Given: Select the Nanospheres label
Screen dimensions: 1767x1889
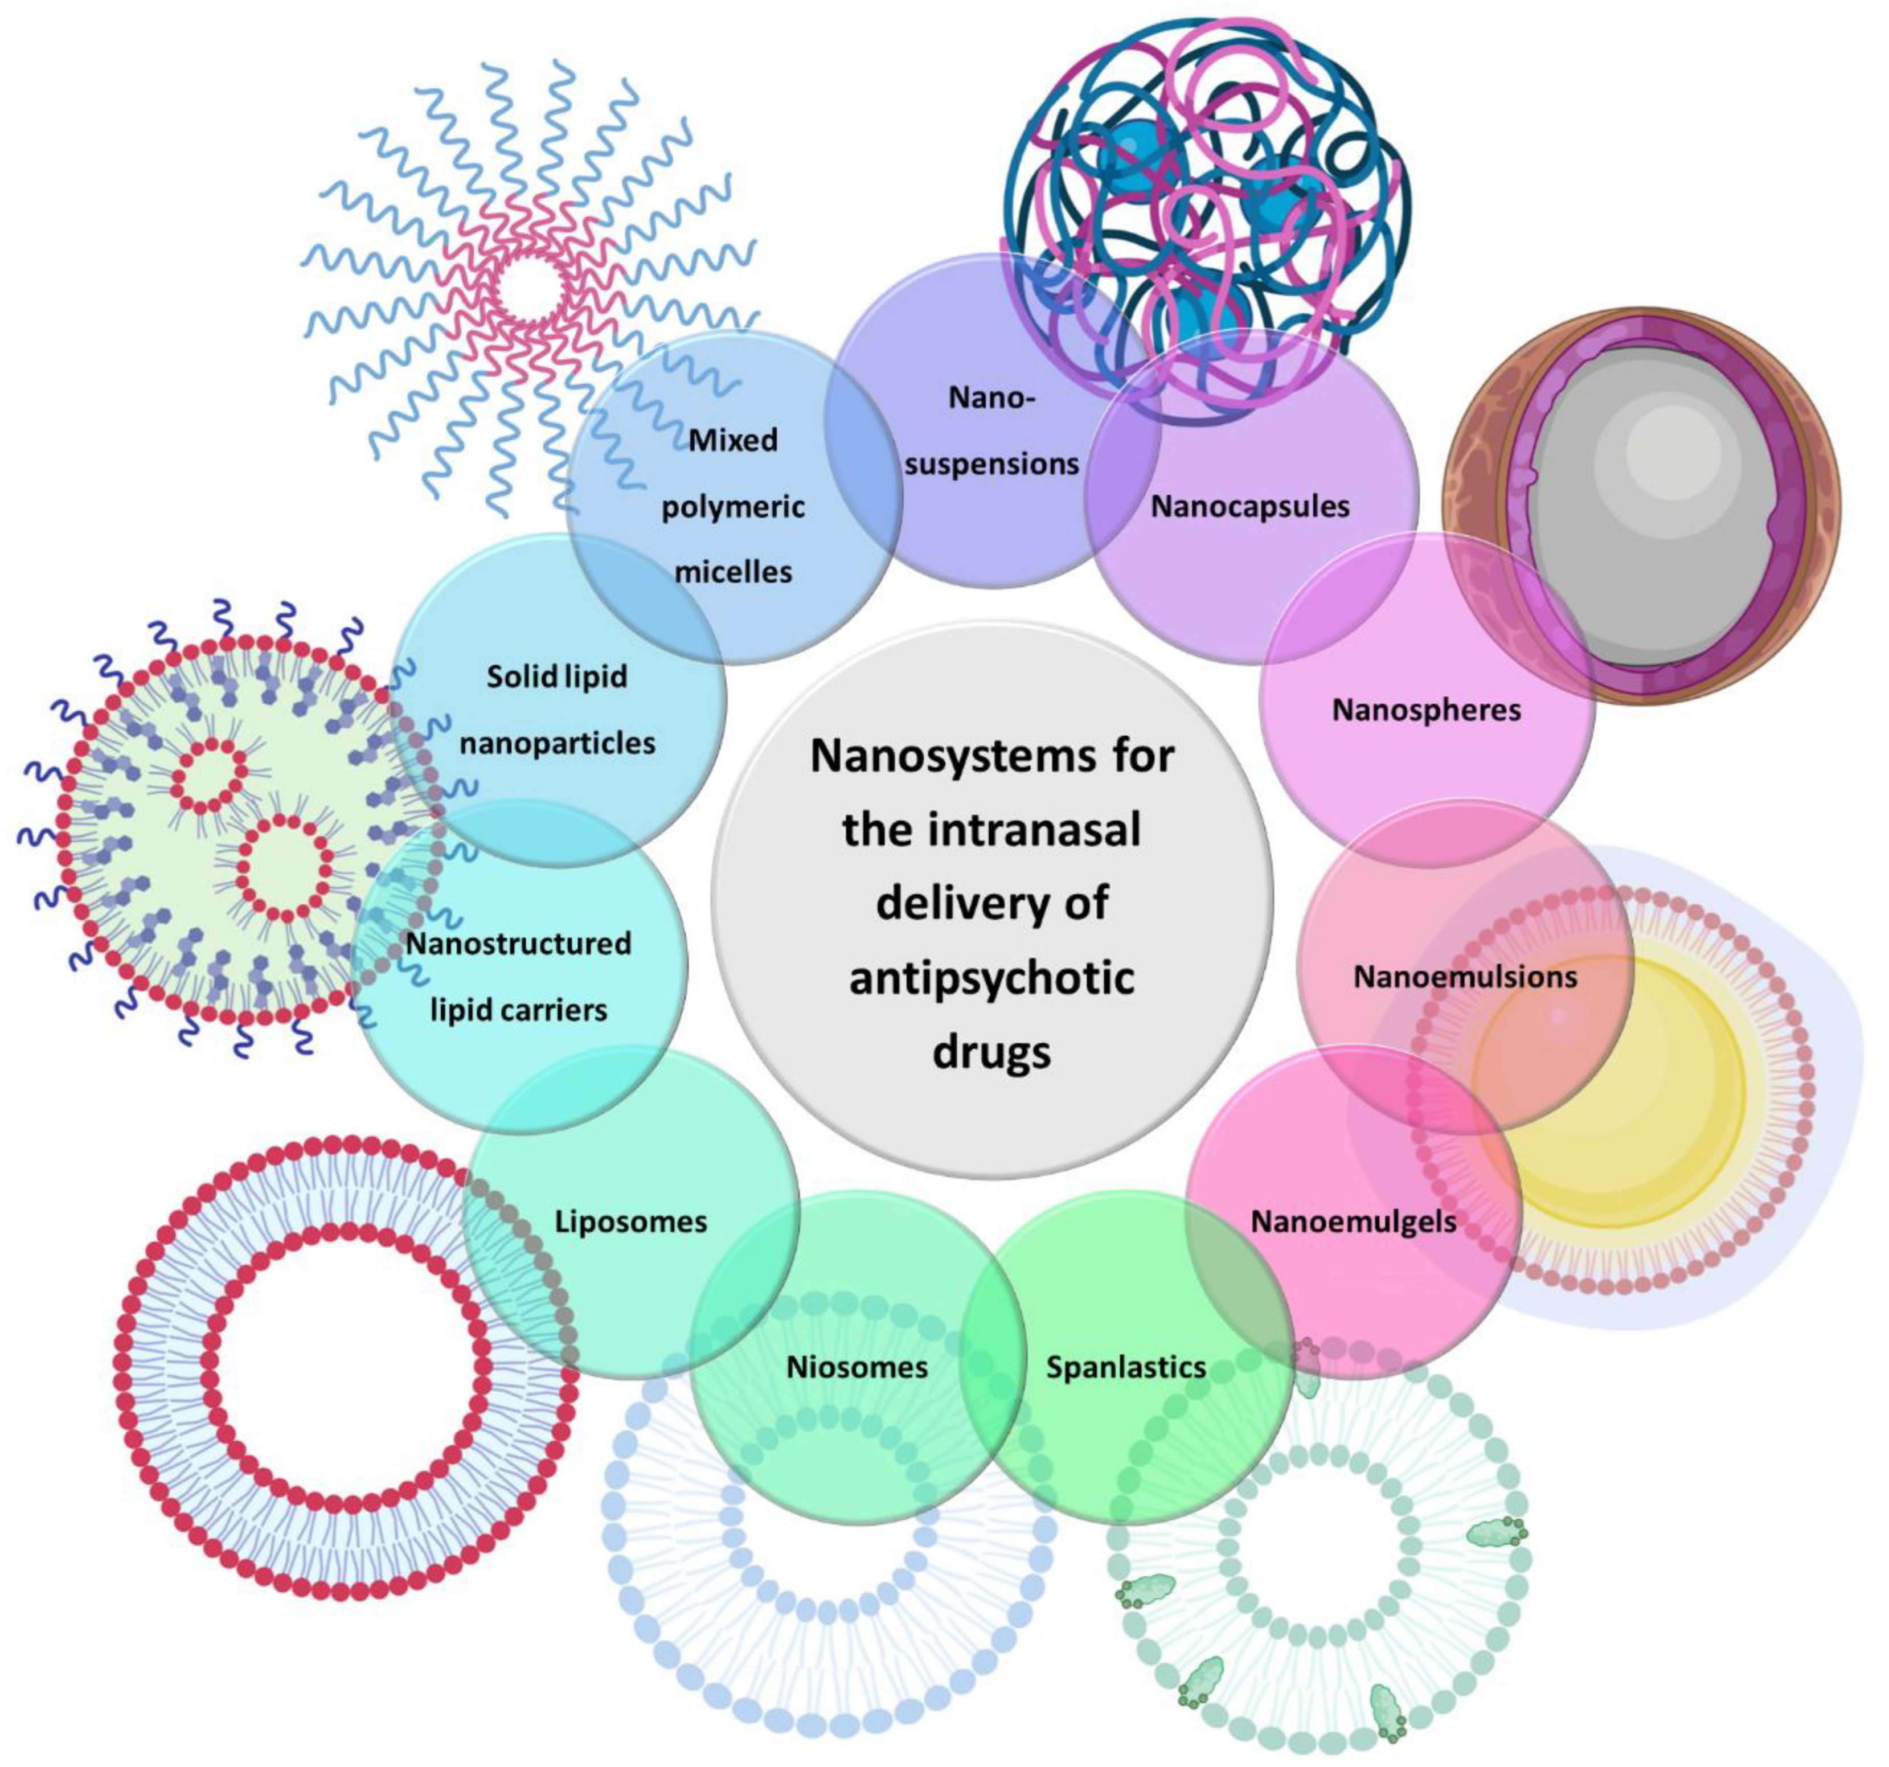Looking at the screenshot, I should click(x=1425, y=710).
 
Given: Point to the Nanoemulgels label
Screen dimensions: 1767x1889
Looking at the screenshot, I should click(x=1353, y=1221).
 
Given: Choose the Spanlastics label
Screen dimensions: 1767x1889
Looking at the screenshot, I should click(x=1126, y=1367).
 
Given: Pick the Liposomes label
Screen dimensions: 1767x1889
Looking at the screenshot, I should click(x=631, y=1221).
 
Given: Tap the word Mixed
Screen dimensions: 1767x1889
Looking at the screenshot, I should click(x=732, y=440).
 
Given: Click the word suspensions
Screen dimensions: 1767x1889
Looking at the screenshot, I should click(x=991, y=465).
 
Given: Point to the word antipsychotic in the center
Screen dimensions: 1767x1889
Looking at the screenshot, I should click(x=991, y=978).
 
